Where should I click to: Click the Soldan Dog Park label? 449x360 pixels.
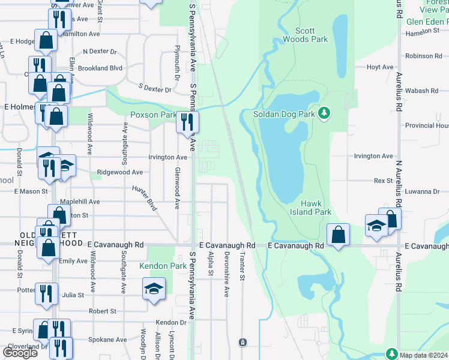click(285, 113)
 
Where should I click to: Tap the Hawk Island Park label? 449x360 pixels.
click(316, 208)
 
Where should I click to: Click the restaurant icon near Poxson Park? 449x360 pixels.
click(187, 123)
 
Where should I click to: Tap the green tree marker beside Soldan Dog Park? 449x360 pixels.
click(325, 113)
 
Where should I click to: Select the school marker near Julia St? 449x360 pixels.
click(154, 289)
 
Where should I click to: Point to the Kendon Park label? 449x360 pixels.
click(163, 265)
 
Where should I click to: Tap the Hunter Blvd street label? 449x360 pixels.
click(145, 197)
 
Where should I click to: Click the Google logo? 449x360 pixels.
click(20, 352)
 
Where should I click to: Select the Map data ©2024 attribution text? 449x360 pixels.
click(424, 355)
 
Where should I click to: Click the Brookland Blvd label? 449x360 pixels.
click(103, 68)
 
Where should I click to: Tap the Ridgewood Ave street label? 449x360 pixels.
click(121, 172)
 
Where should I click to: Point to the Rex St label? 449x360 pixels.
click(383, 180)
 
